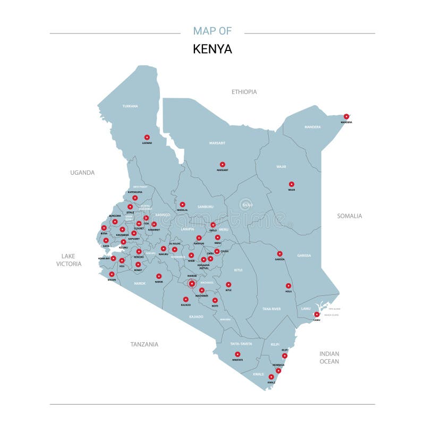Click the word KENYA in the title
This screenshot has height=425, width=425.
coord(212,49)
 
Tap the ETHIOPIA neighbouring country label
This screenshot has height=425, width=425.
coord(244,92)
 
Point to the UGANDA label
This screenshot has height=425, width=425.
coord(82,173)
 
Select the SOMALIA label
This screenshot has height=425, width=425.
coord(350,216)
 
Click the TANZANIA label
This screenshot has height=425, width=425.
coord(144,344)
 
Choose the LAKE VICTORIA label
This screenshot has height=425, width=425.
coord(71,260)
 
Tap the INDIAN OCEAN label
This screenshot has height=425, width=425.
coord(329,358)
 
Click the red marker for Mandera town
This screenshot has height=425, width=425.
coord(346,116)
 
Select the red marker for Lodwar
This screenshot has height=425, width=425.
coord(147,137)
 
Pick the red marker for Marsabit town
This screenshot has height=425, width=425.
coord(222,165)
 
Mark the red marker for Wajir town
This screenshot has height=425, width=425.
coord(292,184)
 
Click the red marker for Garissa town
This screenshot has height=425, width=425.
coord(279,254)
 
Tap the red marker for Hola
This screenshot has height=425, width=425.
coord(288,286)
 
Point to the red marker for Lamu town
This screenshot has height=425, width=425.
coord(317,314)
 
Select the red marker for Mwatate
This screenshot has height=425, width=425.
coord(237,354)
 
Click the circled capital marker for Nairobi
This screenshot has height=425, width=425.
coord(192,284)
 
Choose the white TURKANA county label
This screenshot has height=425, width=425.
coord(130,106)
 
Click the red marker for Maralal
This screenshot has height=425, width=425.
coord(182,205)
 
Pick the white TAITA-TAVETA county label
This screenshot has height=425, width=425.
coord(241,344)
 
